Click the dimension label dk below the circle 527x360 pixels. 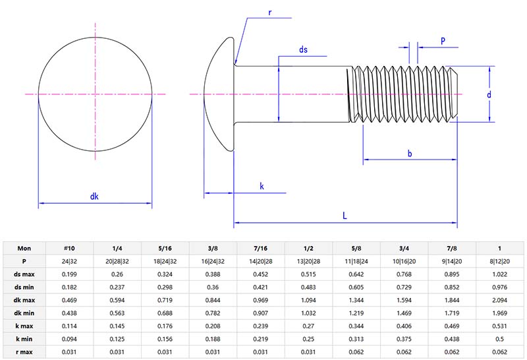coord(94,196)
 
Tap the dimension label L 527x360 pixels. coord(345,215)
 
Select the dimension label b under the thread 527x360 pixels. coord(410,154)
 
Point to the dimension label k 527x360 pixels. coord(262,187)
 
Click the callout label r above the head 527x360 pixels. coord(270,13)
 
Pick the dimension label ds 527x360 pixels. coord(304,49)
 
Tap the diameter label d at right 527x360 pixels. coord(489,94)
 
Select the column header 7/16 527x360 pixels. coord(262,248)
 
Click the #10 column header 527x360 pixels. coord(70,248)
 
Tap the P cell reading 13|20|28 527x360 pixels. coord(310,261)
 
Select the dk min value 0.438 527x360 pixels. coord(70,313)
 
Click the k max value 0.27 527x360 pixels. coord(310,325)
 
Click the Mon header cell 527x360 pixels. coord(24,248)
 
